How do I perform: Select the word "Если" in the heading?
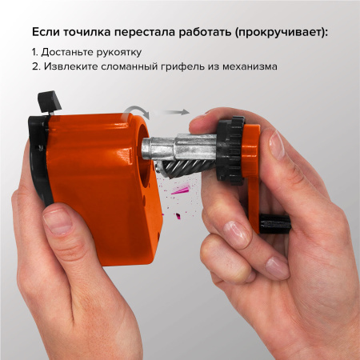(x=46, y=33)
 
